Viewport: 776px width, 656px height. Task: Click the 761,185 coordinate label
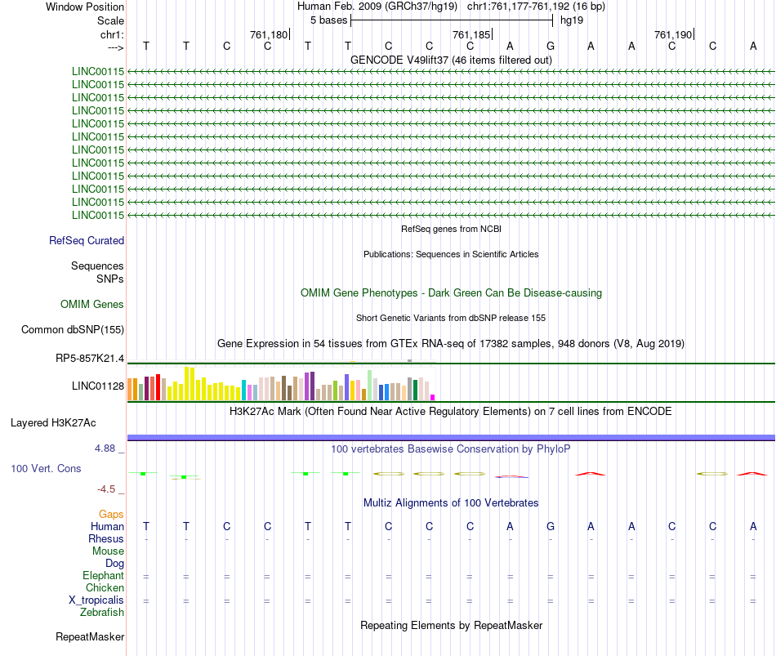coord(471,34)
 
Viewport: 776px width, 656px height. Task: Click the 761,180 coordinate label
coord(269,34)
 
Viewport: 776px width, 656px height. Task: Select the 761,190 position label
coord(674,34)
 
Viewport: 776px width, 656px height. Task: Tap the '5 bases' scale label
coord(328,20)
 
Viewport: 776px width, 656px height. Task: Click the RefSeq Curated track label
coord(87,241)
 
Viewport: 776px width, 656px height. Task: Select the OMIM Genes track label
coord(92,305)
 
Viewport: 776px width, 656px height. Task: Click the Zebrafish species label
coord(101,612)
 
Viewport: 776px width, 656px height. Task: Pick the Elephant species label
coord(103,576)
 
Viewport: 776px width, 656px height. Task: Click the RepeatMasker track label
coord(90,637)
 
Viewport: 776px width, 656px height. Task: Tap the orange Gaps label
coord(112,515)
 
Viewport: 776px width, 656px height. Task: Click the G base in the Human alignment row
coord(551,526)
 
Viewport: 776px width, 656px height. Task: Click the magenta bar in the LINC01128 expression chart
coord(433,397)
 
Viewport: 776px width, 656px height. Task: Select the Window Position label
coord(85,7)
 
